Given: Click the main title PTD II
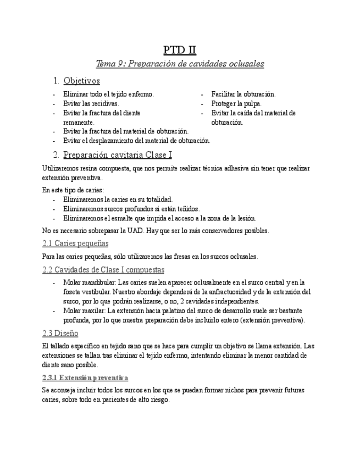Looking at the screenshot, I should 180,49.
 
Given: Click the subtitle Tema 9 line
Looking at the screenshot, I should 180,64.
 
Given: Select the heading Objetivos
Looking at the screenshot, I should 81,81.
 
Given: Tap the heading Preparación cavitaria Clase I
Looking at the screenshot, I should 118,154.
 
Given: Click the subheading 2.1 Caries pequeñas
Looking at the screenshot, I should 75,243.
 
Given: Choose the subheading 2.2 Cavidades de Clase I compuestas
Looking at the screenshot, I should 103,269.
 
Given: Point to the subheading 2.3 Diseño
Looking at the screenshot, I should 60,333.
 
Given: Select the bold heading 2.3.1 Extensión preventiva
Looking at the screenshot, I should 85,378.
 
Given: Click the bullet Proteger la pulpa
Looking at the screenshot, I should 236,103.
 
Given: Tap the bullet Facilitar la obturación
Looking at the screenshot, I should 243,94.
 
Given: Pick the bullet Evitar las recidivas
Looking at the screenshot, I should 91,103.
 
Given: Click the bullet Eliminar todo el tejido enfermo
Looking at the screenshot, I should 108,94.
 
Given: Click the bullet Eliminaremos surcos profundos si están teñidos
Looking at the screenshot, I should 131,208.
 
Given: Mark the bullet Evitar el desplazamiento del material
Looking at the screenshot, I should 136,141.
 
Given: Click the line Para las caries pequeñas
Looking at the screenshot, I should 149,256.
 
